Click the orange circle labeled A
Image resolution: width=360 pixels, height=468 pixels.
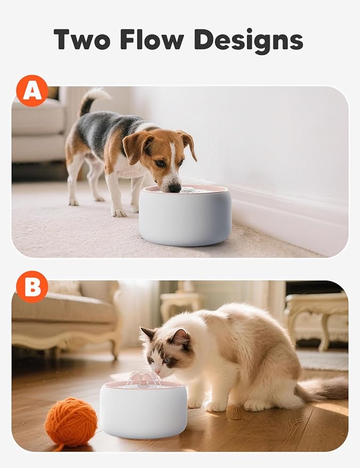coord(32,91)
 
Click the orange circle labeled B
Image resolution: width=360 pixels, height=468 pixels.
coord(32,287)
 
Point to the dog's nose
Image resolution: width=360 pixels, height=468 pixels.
coord(175,187)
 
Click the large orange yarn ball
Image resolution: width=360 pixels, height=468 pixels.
coord(70,422)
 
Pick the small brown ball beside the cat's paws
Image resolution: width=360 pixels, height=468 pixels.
coord(234,412)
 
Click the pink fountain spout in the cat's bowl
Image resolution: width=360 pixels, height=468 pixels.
coord(143,378)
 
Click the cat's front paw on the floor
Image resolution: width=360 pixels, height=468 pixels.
coord(216,406)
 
